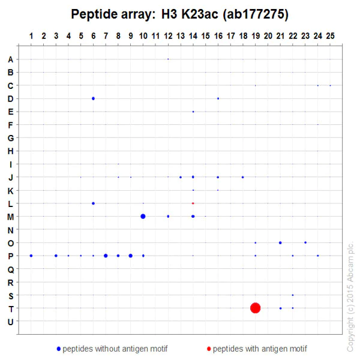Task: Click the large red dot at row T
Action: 256,308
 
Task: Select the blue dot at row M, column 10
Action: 143,216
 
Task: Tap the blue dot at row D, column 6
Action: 93,98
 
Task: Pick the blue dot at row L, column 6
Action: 93,203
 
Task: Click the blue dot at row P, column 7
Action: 106,256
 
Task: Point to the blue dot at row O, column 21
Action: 280,242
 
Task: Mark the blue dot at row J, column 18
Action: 242,177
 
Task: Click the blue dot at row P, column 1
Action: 31,256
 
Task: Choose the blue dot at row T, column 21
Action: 280,308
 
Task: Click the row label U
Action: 10,322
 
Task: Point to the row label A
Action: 10,59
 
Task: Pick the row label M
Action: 10,217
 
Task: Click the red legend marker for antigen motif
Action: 209,349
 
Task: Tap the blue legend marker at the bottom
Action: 58,349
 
